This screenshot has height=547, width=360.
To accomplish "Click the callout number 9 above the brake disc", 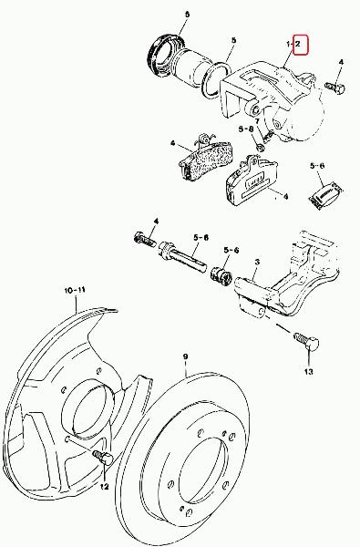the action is pos(185,356).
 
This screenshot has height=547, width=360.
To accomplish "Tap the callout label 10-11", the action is pos(75,290).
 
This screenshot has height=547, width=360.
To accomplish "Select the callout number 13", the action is pos(308,372).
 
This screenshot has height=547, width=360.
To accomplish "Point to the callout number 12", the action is pos(104,487).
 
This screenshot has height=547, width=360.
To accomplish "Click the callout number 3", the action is pos(257,262).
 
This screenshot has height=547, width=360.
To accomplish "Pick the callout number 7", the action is pos(257,121).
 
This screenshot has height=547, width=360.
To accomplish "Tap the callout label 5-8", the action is pos(246,129).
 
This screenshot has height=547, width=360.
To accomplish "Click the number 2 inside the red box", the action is pos(297,44).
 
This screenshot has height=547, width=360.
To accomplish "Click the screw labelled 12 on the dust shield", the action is pos(103,457).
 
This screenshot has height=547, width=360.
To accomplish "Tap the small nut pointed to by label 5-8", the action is pos(260,147).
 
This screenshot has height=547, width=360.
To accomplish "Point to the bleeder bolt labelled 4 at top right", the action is pos(334,87).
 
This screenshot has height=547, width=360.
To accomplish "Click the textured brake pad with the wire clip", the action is pos(206,158).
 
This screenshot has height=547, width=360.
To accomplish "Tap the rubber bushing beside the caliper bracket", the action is pos(221,275).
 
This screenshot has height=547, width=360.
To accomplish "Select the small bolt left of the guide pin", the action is pos(145,239).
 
